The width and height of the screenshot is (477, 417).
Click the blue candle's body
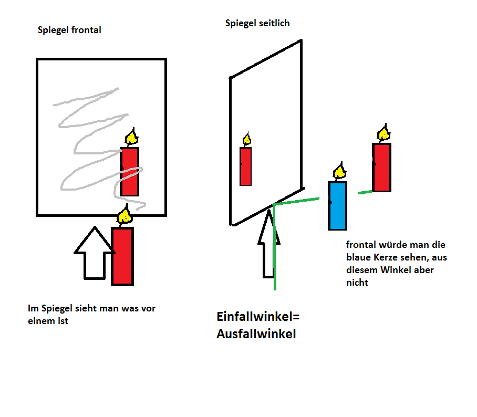(x=337, y=206)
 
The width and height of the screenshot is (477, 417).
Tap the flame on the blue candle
(x=339, y=172)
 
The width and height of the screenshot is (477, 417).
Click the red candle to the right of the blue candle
(x=382, y=168)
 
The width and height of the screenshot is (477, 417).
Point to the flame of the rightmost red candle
(x=383, y=133)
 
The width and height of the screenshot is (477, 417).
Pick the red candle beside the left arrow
(x=122, y=256)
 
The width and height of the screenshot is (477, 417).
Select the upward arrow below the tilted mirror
(x=268, y=243)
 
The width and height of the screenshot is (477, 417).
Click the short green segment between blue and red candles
(x=365, y=192)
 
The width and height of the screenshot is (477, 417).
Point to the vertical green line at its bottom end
(x=275, y=289)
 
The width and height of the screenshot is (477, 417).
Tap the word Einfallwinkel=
(x=258, y=317)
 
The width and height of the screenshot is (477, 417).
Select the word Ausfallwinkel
(x=256, y=334)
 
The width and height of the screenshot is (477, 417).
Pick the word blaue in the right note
(x=358, y=257)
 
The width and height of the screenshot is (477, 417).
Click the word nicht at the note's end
(x=357, y=283)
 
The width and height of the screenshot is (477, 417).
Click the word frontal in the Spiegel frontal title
(x=86, y=30)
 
